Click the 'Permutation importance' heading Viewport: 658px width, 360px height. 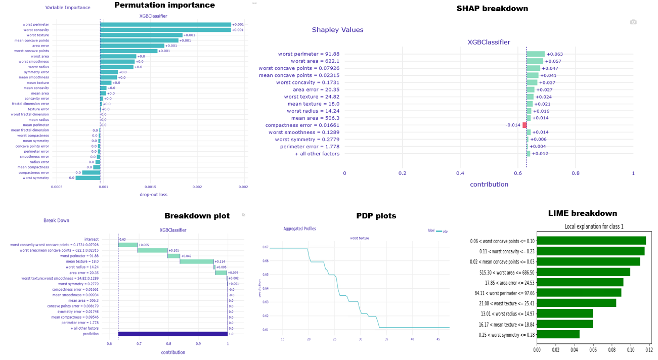point(164,5)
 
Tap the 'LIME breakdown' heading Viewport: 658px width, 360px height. point(583,213)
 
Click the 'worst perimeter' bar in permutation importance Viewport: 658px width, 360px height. point(165,24)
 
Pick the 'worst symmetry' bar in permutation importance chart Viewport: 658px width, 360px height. point(87,178)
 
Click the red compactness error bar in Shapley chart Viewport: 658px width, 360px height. point(524,125)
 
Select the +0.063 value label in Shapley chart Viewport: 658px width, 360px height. point(555,54)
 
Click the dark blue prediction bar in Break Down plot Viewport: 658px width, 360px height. point(172,334)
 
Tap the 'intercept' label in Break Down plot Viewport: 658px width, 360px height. point(92,239)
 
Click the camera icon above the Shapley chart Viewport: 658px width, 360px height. point(633,22)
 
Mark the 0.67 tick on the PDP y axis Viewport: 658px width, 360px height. point(266,247)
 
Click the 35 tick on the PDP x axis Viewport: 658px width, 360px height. point(386,339)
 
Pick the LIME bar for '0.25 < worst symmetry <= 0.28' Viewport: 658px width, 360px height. point(558,334)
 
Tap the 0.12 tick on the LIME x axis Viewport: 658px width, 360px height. point(649,349)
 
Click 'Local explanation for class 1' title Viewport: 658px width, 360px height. point(594,227)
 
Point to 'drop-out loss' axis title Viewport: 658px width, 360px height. point(153,195)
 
